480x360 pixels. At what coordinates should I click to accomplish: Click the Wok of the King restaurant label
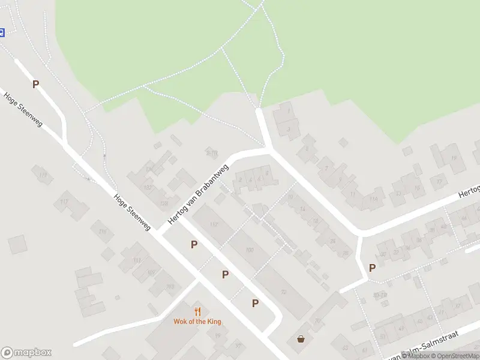point(197,322)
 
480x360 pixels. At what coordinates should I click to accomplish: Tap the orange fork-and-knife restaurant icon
point(197,311)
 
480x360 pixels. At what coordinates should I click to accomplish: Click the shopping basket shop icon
point(301,339)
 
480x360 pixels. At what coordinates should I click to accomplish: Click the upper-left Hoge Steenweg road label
point(23,109)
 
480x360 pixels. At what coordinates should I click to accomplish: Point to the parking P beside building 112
point(194,244)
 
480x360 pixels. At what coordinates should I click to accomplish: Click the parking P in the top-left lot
point(35,85)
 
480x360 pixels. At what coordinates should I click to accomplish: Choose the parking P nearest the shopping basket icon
point(255,303)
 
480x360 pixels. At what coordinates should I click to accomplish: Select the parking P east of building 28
point(372,268)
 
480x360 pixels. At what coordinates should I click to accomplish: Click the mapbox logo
point(26,353)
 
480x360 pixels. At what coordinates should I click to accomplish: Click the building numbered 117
point(64,202)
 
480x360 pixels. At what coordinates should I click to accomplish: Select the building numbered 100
point(250,250)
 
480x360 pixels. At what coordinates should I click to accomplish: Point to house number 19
point(454,158)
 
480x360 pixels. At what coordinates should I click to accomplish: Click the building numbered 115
point(102,231)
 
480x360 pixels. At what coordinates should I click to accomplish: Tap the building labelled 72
point(283,292)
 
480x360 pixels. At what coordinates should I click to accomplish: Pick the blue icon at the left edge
point(2,32)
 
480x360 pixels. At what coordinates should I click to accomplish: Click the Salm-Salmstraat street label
point(430,346)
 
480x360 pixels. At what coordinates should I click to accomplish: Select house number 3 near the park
point(289,128)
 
